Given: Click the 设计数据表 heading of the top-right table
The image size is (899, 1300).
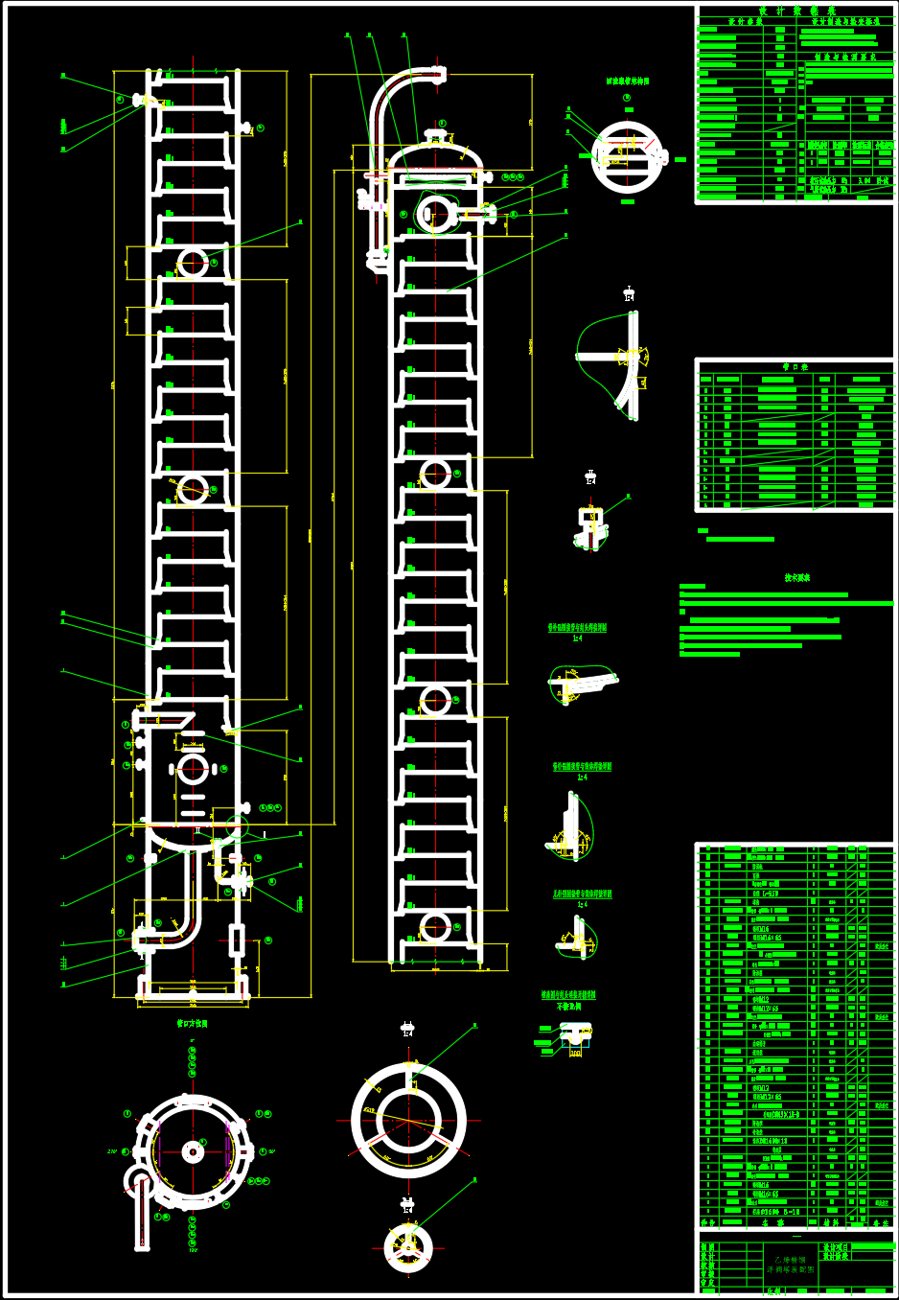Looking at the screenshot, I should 797,11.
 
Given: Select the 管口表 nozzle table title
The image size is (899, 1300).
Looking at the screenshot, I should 795,366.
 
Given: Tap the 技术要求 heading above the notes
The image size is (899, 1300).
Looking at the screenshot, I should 797,578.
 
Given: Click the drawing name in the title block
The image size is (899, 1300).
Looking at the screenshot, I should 791,1265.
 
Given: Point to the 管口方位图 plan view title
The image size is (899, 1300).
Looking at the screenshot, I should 192,1024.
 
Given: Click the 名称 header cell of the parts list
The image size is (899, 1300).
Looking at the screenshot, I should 767,1223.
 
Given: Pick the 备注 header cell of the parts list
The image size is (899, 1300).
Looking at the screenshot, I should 880,1223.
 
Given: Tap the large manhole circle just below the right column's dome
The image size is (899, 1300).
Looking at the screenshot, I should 436,213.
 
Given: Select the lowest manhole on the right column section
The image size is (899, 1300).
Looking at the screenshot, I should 435,928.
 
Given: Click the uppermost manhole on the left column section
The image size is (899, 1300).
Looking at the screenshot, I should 193,262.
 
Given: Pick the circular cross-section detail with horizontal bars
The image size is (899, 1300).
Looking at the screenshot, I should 628,157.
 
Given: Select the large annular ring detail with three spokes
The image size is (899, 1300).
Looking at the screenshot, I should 409,1120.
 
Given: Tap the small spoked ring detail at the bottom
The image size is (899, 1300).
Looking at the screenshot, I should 408,1247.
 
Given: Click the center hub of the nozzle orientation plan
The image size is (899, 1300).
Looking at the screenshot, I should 193,1151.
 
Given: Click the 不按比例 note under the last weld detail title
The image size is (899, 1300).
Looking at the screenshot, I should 568,1007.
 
